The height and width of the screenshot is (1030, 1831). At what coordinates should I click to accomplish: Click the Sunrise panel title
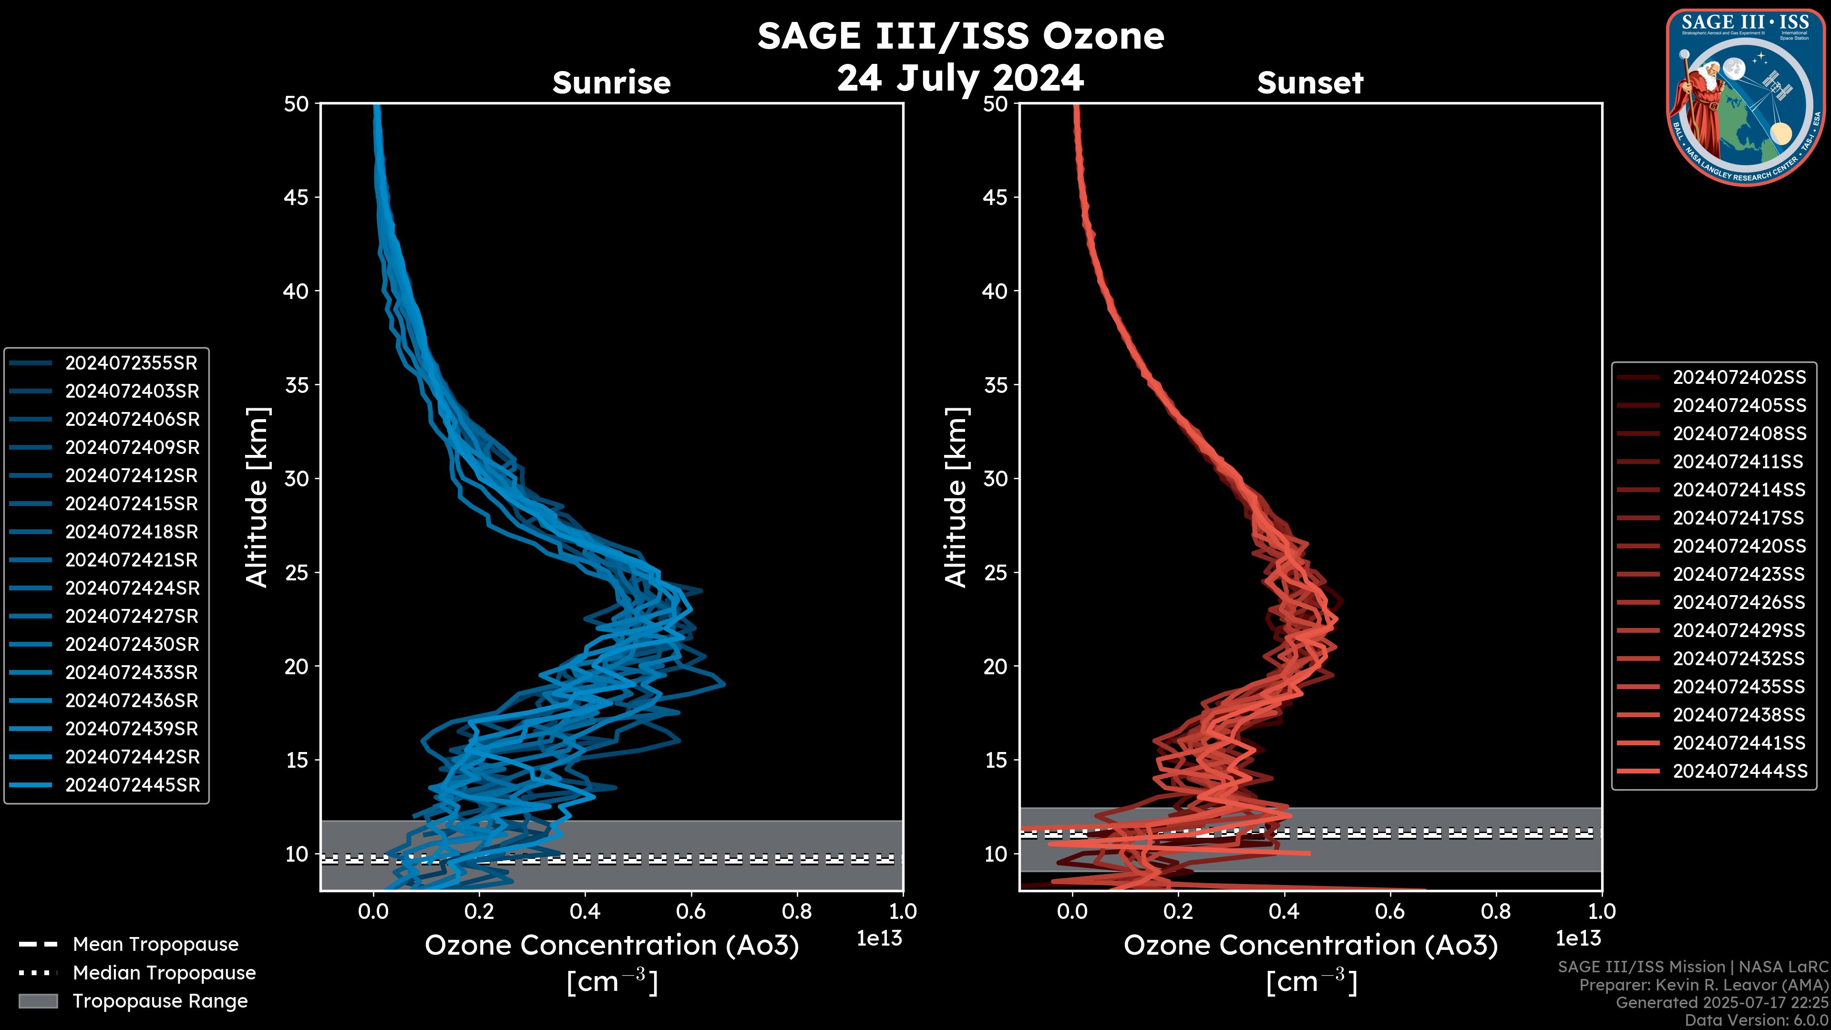click(x=611, y=82)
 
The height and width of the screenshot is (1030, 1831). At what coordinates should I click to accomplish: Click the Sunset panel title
click(x=1309, y=82)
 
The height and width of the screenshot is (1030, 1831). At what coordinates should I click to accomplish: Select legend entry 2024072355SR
click(x=131, y=363)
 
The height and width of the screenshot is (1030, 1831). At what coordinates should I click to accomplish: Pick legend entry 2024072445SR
click(x=132, y=785)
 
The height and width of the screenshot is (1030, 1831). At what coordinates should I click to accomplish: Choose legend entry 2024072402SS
click(x=1738, y=378)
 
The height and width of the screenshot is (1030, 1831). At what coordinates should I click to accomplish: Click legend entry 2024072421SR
click(x=131, y=560)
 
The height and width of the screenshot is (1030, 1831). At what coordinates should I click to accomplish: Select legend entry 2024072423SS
click(x=1738, y=574)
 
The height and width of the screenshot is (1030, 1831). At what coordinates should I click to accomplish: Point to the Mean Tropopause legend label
click(x=155, y=945)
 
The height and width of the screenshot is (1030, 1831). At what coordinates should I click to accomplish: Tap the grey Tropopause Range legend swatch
click(x=38, y=1001)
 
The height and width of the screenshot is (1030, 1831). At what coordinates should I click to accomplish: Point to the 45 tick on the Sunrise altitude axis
click(x=297, y=197)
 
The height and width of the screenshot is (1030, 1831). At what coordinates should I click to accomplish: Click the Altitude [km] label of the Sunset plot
click(x=957, y=497)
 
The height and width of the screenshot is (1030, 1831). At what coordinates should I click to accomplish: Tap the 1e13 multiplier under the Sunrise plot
click(x=879, y=939)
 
